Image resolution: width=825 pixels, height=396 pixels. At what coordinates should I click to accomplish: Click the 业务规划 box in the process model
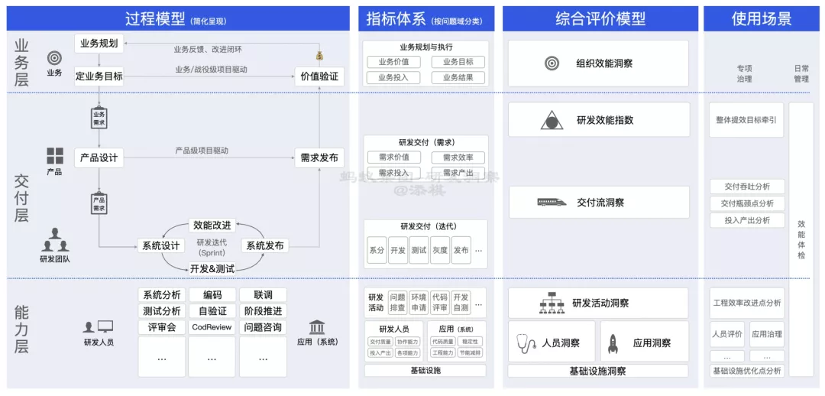point(99,44)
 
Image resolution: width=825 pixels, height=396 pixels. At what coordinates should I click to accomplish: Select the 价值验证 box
point(319,76)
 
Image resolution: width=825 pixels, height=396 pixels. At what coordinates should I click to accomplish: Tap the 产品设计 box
point(99,158)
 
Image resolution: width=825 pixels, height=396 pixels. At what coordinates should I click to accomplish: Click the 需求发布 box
point(319,158)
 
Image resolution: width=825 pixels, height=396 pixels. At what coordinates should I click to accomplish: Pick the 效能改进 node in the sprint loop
point(212,226)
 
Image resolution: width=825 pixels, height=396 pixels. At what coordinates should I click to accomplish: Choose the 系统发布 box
point(264,245)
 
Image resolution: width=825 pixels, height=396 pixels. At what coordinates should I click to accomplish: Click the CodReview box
point(212,327)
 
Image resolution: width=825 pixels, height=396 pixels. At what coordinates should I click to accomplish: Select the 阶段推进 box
point(263,311)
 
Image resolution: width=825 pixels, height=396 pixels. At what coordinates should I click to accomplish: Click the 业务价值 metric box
point(393,62)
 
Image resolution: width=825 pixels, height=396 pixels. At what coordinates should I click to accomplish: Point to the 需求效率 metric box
point(458,157)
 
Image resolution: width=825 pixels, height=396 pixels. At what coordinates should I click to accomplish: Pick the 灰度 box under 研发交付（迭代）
point(439,250)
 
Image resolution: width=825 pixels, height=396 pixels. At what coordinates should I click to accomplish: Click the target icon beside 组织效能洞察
point(552,63)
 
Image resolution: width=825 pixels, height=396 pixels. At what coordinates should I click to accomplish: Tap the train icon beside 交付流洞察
point(552,203)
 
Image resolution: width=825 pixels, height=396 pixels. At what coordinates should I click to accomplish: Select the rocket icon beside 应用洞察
point(613,343)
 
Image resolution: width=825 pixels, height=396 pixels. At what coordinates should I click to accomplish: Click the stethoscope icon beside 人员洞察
point(526,343)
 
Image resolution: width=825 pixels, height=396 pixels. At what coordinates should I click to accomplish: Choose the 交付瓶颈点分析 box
point(746,203)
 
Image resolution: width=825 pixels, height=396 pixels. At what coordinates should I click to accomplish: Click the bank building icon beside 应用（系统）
point(316,326)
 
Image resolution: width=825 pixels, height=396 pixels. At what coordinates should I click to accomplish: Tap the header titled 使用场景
point(761,19)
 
